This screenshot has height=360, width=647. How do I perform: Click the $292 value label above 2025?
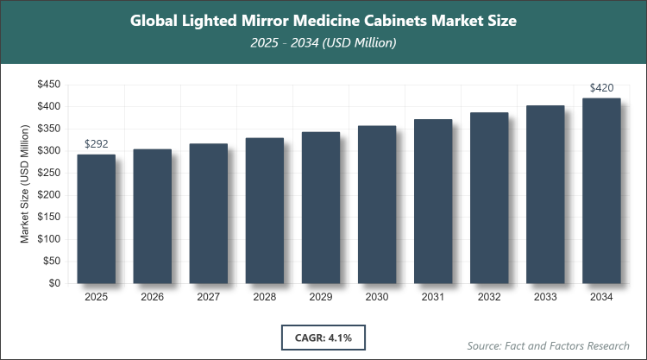tap(96, 143)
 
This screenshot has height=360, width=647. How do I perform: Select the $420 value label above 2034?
tap(601, 87)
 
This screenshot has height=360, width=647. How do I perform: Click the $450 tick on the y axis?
tap(47, 85)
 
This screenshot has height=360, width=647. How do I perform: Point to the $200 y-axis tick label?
tap(47, 195)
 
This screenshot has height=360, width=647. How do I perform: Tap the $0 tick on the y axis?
tap(53, 283)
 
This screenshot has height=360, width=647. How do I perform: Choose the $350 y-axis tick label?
tap(47, 129)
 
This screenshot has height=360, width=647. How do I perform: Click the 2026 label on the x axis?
tap(152, 297)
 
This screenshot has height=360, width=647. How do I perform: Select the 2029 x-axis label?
tap(320, 297)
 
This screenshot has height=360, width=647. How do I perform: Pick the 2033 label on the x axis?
tap(545, 297)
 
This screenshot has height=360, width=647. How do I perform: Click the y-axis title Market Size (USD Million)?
tap(26, 184)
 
